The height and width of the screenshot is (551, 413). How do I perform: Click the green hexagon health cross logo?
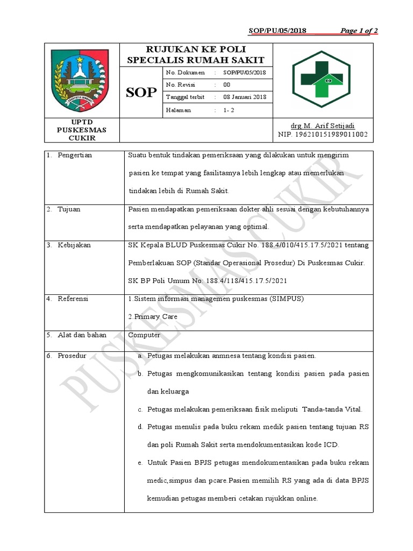pyautogui.click(x=320, y=79)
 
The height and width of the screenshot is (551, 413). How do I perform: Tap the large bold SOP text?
pyautogui.click(x=141, y=93)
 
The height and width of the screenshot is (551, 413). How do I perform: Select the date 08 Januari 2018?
pyautogui.click(x=245, y=97)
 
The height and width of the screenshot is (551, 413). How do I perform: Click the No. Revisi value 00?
pyautogui.click(x=226, y=85)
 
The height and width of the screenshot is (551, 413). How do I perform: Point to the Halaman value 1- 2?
pyautogui.click(x=228, y=110)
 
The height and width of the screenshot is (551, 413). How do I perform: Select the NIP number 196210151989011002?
pyautogui.click(x=323, y=134)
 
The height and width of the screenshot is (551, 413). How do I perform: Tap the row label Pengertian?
pyautogui.click(x=75, y=156)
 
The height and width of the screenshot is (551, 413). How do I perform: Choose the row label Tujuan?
pyautogui.click(x=69, y=209)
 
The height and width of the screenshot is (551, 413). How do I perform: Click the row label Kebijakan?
pyautogui.click(x=74, y=245)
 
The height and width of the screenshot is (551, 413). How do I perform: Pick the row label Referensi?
pyautogui.click(x=73, y=299)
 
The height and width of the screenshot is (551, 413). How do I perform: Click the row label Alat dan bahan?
pyautogui.click(x=82, y=335)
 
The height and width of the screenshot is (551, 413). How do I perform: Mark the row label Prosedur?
pyautogui.click(x=72, y=356)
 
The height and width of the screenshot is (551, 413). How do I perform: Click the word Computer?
pyautogui.click(x=144, y=335)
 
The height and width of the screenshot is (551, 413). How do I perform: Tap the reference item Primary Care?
pyautogui.click(x=154, y=317)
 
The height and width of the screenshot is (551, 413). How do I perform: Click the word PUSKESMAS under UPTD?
pyautogui.click(x=82, y=130)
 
